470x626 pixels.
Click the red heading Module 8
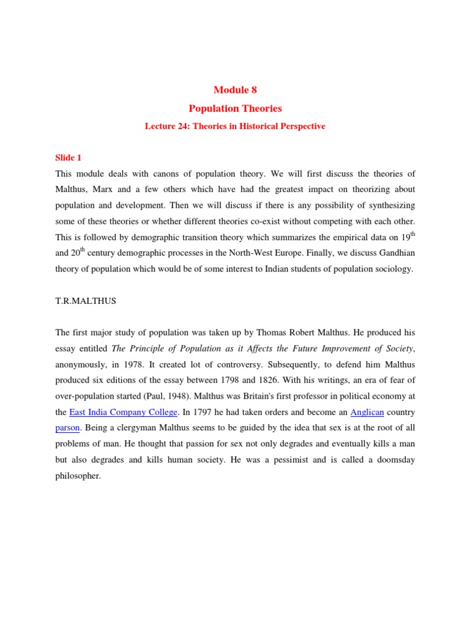235,90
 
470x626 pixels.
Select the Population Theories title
235,108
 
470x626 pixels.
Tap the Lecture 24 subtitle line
235,127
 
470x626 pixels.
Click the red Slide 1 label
69,158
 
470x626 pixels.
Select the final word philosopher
77,476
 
